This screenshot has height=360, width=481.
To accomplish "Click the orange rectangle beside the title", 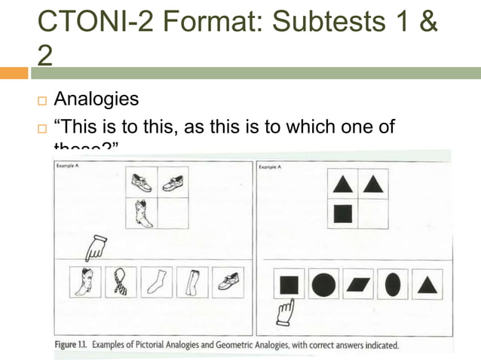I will [x=14, y=73].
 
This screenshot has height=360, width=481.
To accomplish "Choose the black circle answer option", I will [x=323, y=285].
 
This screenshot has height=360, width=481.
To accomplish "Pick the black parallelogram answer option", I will [x=358, y=285].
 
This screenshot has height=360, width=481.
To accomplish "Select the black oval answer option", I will [x=393, y=285].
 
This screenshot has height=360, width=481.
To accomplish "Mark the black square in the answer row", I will [x=288, y=285].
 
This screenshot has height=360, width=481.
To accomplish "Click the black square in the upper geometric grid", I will [x=343, y=213].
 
